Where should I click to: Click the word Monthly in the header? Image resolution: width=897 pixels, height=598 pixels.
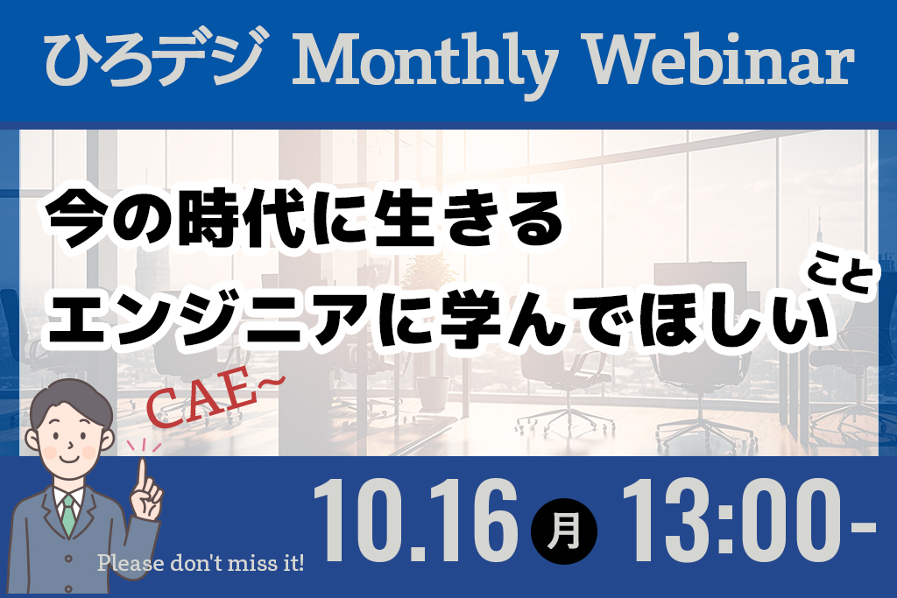(425, 63)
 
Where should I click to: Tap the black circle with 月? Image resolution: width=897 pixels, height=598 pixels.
(563, 531)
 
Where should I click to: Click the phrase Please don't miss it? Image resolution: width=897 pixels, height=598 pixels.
(201, 563)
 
